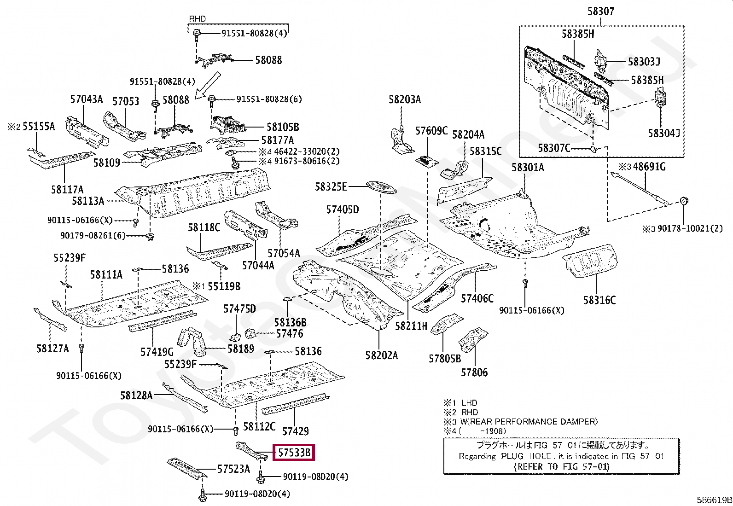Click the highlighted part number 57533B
[x=294, y=452]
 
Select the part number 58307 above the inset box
[x=601, y=12]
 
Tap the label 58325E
[x=331, y=186]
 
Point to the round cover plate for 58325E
[x=381, y=188]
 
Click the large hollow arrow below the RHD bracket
[x=208, y=86]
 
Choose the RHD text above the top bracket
[x=198, y=19]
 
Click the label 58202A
[x=382, y=355]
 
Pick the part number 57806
[x=474, y=372]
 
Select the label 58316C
[x=599, y=300]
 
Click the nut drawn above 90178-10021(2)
[x=683, y=201]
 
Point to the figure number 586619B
[x=714, y=500]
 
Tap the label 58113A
[x=87, y=201]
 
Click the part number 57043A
[x=87, y=99]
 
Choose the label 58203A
[x=404, y=99]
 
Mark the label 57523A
[x=233, y=469]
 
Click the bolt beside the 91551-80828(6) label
[x=211, y=101]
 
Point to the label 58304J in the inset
[x=664, y=133]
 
